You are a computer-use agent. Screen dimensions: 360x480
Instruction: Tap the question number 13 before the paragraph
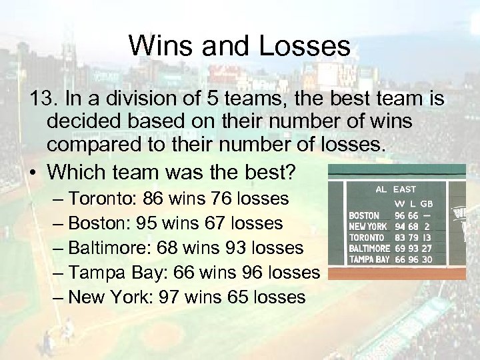45,98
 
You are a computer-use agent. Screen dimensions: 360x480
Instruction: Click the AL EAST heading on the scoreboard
395,189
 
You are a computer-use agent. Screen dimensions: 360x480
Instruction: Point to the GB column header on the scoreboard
427,203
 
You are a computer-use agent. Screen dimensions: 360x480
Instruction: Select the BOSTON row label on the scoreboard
364,215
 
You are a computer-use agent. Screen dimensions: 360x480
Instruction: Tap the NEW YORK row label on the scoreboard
367,227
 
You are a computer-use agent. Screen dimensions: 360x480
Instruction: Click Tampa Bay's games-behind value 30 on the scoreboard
427,259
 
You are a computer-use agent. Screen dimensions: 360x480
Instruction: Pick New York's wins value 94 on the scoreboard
399,227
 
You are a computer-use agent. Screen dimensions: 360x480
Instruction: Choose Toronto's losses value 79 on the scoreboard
413,237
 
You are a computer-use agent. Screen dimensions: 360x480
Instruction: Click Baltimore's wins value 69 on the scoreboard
399,248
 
